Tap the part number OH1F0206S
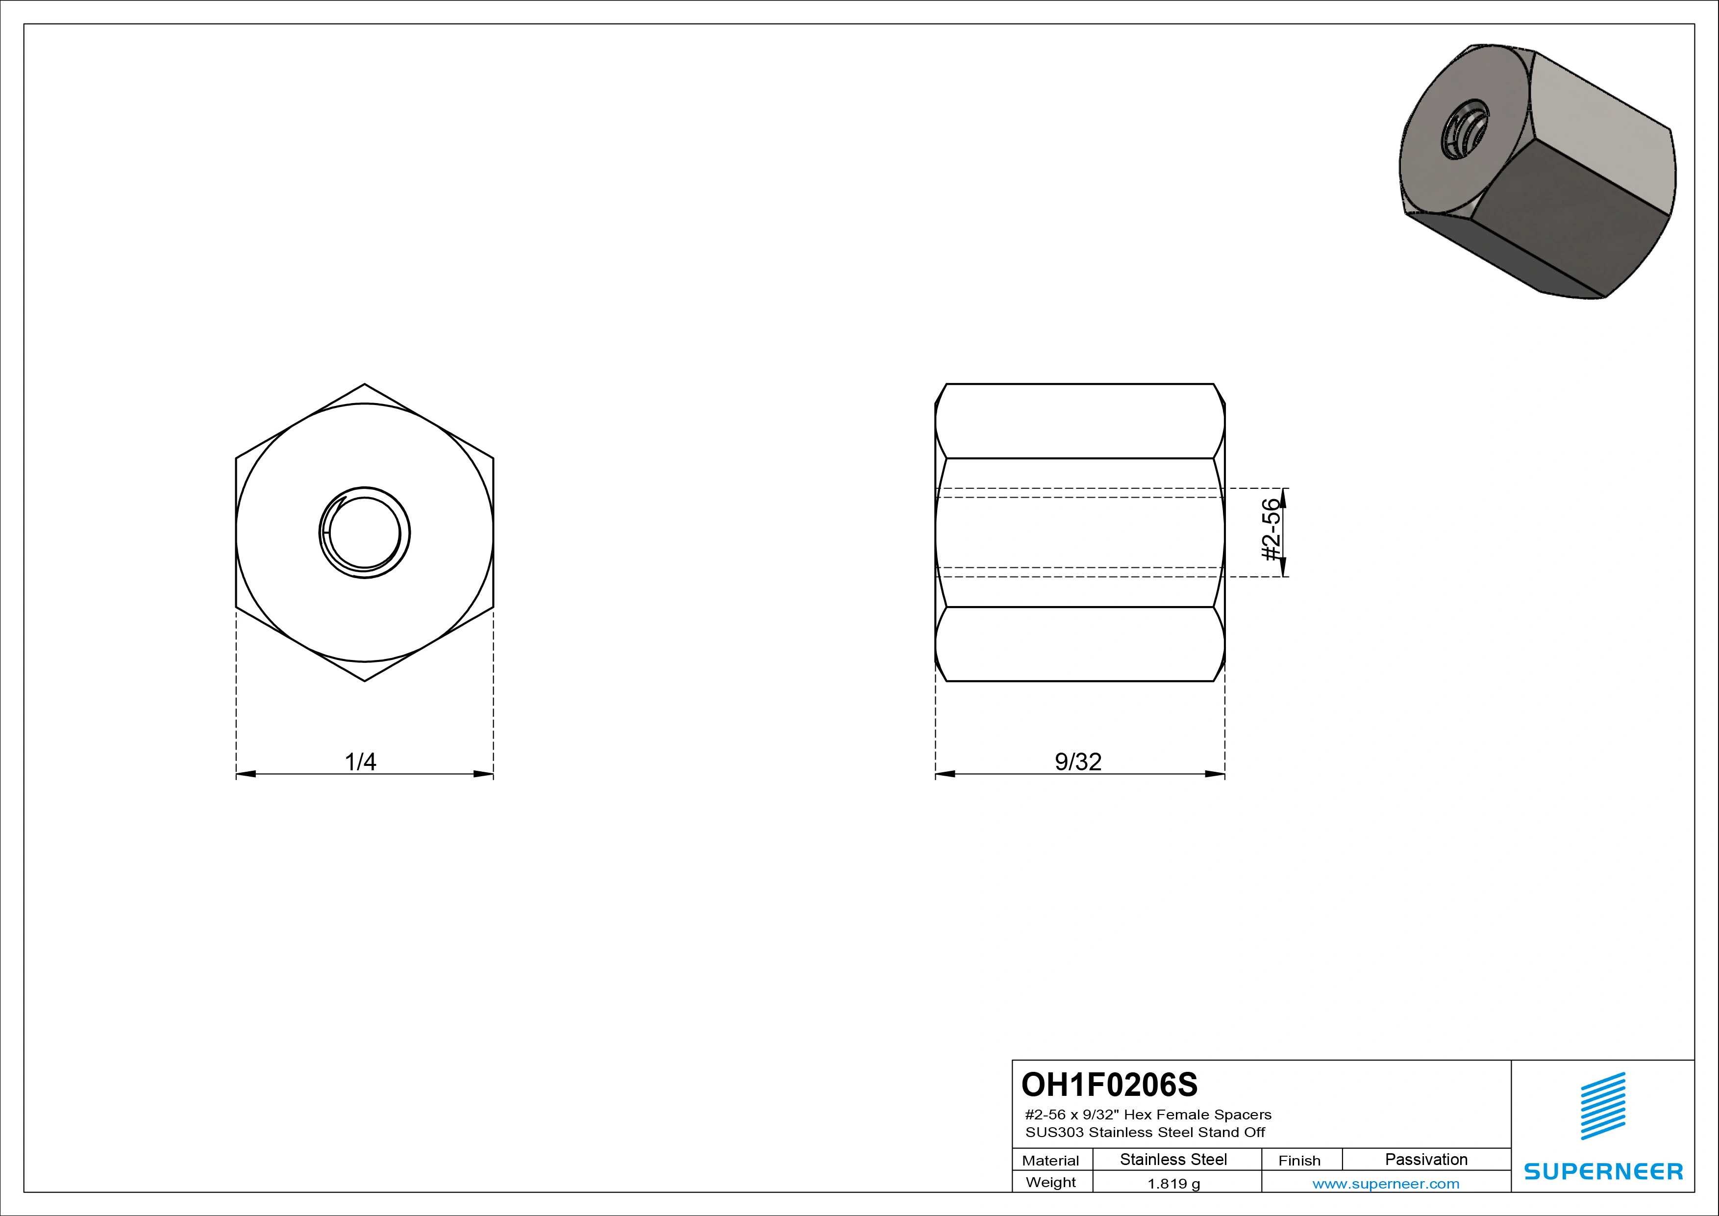pyautogui.click(x=1110, y=1084)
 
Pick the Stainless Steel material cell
pyautogui.click(x=1173, y=1159)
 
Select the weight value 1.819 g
pyautogui.click(x=1173, y=1184)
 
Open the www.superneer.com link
pyautogui.click(x=1386, y=1184)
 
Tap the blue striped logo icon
pyautogui.click(x=1603, y=1106)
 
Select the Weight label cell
pyautogui.click(x=1050, y=1182)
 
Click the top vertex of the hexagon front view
pyautogui.click(x=365, y=385)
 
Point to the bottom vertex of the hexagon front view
pyautogui.click(x=365, y=680)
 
